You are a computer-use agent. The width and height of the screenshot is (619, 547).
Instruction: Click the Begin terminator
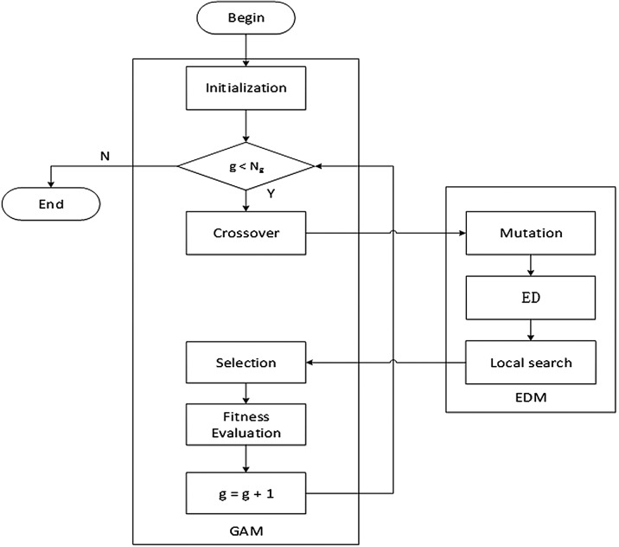coord(246,18)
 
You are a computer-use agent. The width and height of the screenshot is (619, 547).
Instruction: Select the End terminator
coord(51,205)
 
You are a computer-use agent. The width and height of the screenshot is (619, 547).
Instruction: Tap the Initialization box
coord(246,87)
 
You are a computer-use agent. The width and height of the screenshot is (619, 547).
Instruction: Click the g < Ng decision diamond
coord(246,164)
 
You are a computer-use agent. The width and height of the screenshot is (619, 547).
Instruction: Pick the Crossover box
coord(246,233)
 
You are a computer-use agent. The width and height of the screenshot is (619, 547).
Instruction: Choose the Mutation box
coord(531,233)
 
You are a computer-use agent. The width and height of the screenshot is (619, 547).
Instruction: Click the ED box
coord(531,297)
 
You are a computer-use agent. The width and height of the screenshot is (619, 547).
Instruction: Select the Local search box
coord(531,362)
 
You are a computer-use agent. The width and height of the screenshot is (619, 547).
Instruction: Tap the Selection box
coord(246,362)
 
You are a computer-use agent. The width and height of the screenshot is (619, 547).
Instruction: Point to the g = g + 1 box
coord(246,493)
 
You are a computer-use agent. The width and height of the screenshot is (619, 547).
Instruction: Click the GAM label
coord(246,529)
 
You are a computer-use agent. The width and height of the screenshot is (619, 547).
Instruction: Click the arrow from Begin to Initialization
coord(246,52)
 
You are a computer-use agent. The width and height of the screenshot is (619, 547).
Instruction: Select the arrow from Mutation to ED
coord(531,265)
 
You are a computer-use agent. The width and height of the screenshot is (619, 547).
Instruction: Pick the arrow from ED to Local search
coord(531,329)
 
